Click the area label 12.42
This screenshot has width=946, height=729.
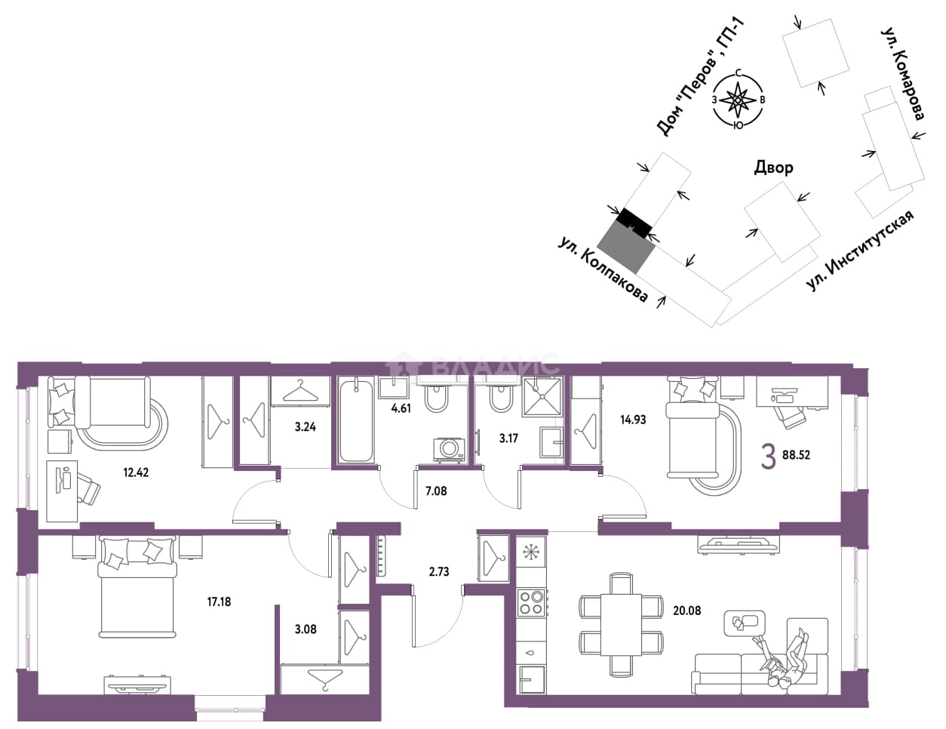pos(136,472)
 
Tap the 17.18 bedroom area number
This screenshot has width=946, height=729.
pos(219,601)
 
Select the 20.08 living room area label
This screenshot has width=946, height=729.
pos(687,611)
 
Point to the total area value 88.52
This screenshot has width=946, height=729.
pos(796,456)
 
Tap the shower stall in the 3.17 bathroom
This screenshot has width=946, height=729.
pos(542,396)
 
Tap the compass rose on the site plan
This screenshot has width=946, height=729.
pos(739,100)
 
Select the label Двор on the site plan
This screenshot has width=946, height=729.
pos(773,168)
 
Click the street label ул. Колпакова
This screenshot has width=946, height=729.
pos(603,271)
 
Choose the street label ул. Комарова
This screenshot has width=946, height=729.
pos(903,74)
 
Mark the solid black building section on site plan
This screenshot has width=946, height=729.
pos(635,223)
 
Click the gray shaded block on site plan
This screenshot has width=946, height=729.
pos(626,247)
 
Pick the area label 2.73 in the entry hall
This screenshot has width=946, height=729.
pos(439,571)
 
